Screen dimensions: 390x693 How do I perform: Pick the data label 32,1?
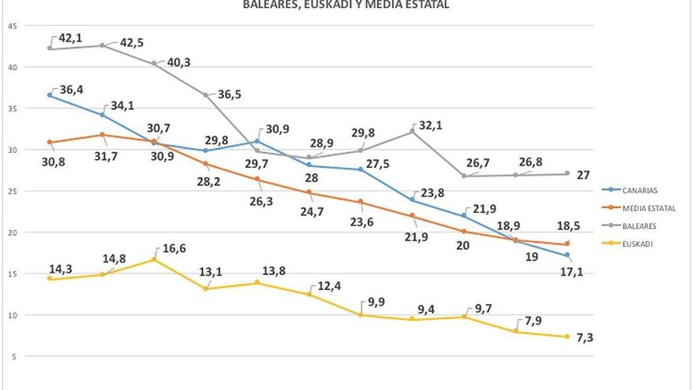point(438,126)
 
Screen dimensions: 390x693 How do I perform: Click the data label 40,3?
point(177,62)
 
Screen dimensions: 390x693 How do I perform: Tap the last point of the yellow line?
point(567,336)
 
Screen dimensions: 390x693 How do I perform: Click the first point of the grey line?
point(50,48)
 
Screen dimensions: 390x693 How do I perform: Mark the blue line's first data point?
point(50,95)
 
